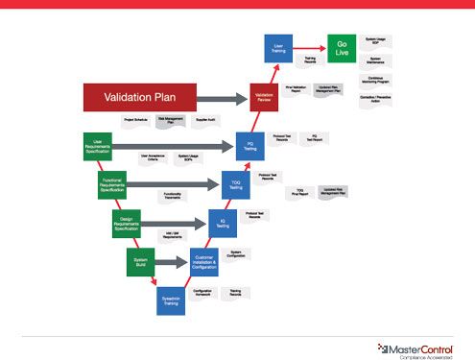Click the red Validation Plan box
coord(140,96)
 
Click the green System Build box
coord(141,261)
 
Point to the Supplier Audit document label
coord(206,120)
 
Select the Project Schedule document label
coord(135,120)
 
